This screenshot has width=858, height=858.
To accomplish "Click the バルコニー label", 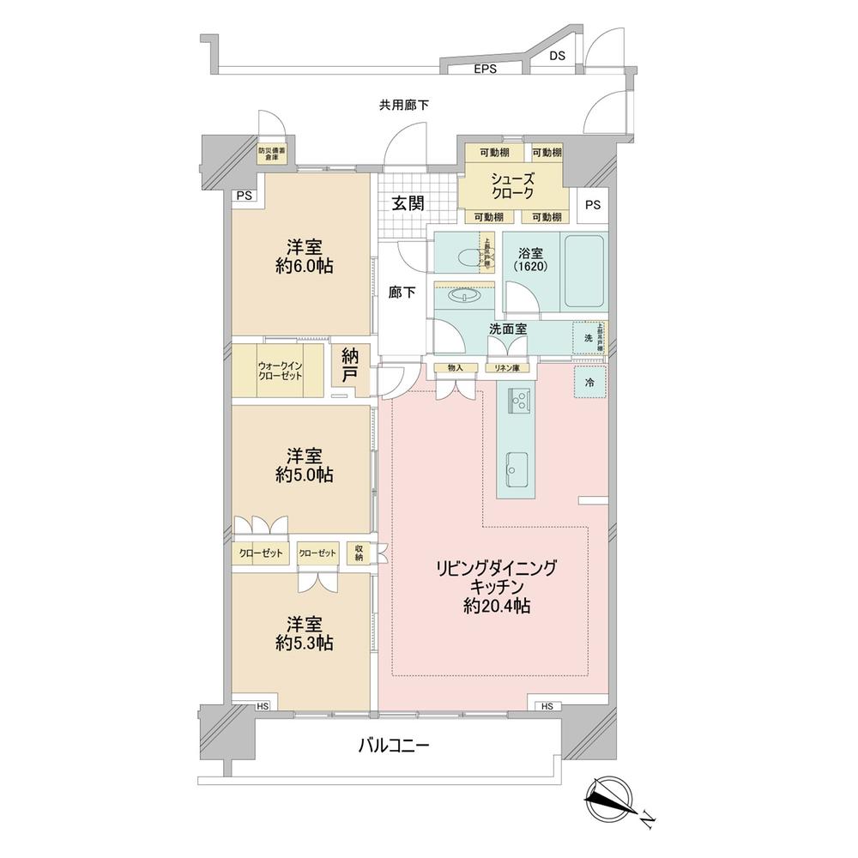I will pyautogui.click(x=393, y=745).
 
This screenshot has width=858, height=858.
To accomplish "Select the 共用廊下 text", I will pyautogui.click(x=404, y=106).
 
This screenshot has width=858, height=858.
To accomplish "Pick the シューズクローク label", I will pyautogui.click(x=513, y=187).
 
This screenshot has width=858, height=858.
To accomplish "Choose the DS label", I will pyautogui.click(x=557, y=57).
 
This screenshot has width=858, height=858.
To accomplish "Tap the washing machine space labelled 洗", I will pyautogui.click(x=589, y=338).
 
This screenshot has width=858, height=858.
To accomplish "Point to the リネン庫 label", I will pyautogui.click(x=506, y=368).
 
